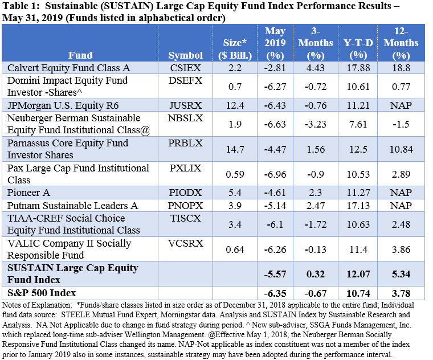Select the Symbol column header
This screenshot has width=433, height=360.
185,55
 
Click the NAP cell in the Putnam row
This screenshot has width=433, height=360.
406,205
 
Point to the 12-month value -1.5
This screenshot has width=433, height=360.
406,124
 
